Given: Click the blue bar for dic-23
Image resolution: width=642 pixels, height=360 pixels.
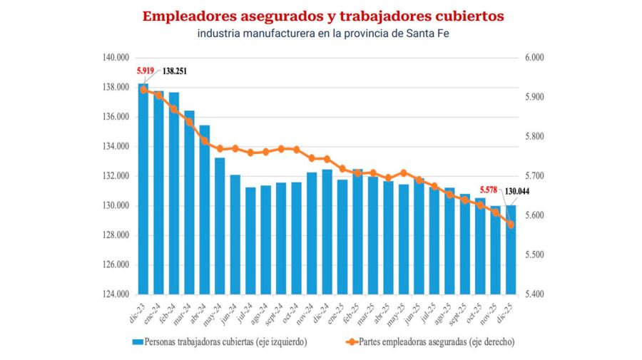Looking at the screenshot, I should coord(143,189).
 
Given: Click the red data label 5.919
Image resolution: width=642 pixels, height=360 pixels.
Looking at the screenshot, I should coord(146,71).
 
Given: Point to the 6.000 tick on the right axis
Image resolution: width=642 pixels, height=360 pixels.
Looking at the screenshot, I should coord(534,58).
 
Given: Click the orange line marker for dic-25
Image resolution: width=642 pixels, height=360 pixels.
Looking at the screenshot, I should coord(511,224).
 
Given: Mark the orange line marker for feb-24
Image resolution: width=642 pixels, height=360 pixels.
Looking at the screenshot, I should coord(174,109).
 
